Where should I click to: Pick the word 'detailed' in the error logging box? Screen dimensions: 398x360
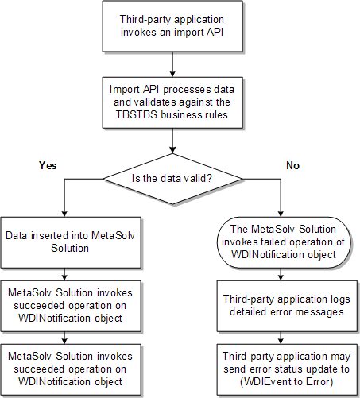(243, 311)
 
